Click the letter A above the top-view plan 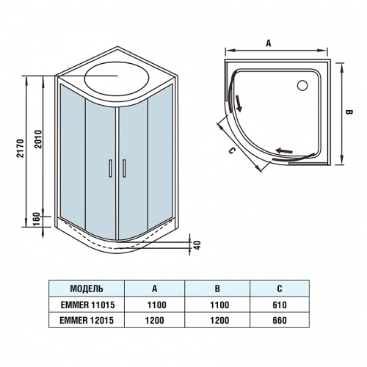[269, 43]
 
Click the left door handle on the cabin [110, 167]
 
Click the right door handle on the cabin [125, 167]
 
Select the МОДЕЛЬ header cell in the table [86, 288]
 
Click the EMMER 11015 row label [86, 304]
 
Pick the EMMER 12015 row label [86, 321]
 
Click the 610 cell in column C [279, 304]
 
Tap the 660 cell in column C [279, 321]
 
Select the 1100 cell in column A [155, 304]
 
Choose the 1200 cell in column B [217, 321]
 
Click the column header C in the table [279, 288]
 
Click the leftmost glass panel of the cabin [70, 154]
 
